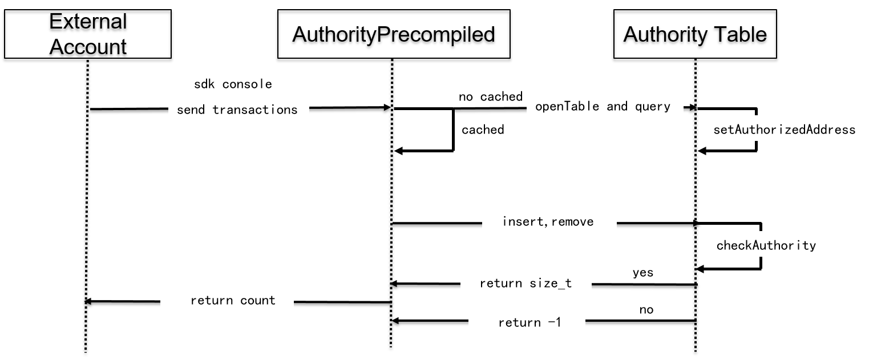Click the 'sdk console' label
pos(233,84)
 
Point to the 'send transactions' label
pos(237,110)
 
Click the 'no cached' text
pos(490,96)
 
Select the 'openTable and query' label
pos(603,106)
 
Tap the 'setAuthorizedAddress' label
pos(784,130)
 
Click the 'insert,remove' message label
pos(548,221)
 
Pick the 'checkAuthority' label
pos(766,245)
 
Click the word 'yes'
pos(643,273)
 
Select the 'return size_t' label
pos(526,284)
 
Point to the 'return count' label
pos(233,301)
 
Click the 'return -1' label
pos(530,322)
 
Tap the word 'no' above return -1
pos(646,310)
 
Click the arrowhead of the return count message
pos(88,301)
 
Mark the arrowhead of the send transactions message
pos(387,107)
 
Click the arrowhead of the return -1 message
pos(395,321)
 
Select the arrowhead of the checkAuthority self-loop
pos(700,269)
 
